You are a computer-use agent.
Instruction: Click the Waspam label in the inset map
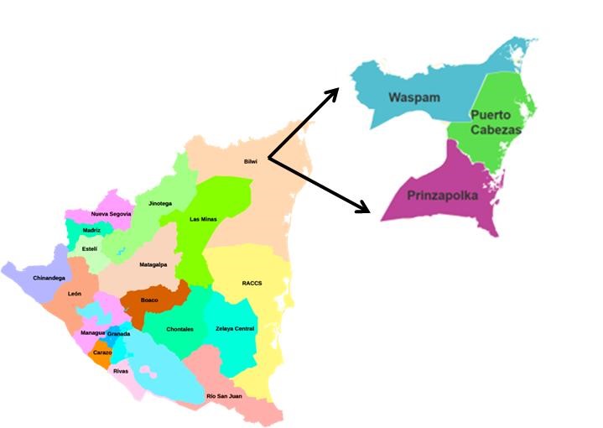pos(414,97)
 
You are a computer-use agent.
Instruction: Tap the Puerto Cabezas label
pos(496,122)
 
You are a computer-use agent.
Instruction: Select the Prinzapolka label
pos(441,196)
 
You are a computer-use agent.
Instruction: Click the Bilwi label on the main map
pos(250,162)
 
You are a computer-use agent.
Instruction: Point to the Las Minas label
pos(203,219)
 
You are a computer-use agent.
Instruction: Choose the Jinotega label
pos(159,203)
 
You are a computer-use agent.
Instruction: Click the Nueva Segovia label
pos(111,214)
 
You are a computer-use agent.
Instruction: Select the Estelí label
pos(89,248)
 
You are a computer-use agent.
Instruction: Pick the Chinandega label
pos(49,278)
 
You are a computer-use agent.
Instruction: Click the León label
pos(75,294)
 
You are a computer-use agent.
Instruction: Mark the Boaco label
pos(149,300)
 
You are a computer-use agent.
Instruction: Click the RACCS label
pos(252,283)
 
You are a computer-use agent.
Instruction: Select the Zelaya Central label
pos(235,328)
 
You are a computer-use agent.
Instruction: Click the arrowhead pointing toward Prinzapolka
pos(366,207)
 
